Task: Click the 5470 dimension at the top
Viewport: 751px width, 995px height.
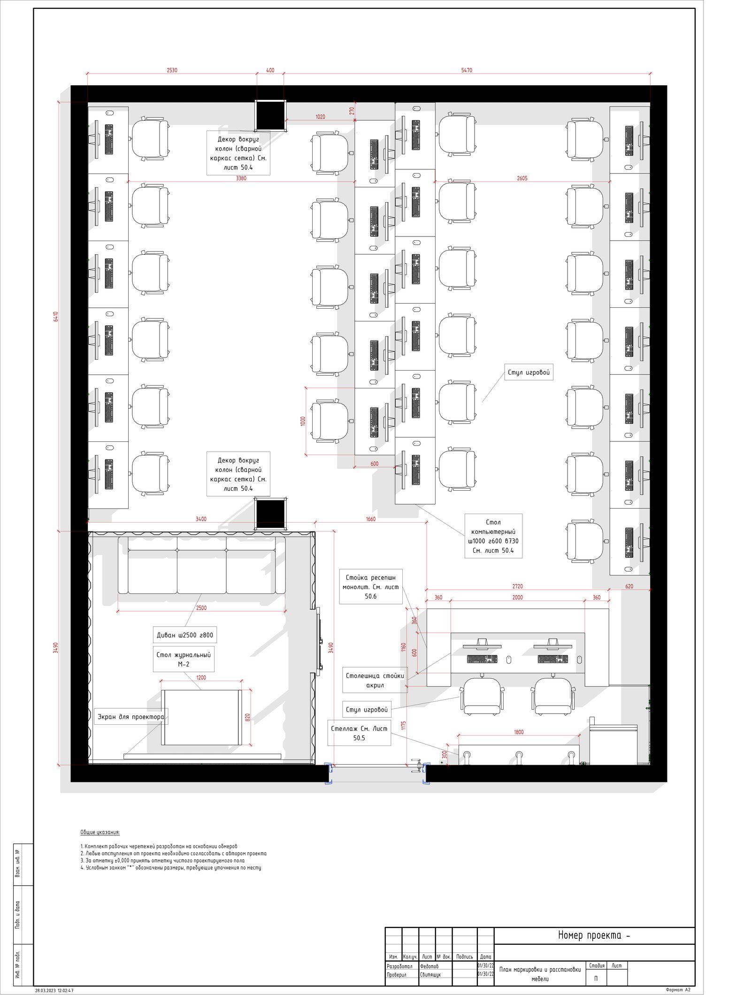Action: (x=466, y=70)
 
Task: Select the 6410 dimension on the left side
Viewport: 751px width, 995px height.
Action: (x=56, y=316)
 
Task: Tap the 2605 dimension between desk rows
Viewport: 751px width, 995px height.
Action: (x=522, y=178)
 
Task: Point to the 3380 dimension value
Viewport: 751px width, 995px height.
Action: (x=241, y=178)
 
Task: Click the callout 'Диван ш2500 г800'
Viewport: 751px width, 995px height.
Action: (x=185, y=635)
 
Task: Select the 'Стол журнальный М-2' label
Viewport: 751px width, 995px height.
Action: (x=184, y=659)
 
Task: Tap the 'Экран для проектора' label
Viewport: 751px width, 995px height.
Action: (x=131, y=716)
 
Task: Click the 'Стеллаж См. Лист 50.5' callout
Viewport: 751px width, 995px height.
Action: (x=359, y=733)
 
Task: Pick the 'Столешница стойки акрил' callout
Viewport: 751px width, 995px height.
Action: (x=375, y=680)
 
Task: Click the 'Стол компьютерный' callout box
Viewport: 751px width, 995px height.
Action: (x=493, y=536)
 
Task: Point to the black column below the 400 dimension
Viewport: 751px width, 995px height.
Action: (x=270, y=115)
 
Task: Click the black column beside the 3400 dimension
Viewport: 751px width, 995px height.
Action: (x=270, y=514)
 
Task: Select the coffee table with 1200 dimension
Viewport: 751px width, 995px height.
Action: (x=201, y=717)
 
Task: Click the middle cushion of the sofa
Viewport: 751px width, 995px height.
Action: (x=202, y=571)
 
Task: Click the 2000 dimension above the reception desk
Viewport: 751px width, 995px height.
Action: (x=517, y=598)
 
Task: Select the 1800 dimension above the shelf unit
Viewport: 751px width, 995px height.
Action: (x=518, y=732)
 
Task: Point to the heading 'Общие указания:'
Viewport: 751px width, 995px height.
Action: (x=100, y=832)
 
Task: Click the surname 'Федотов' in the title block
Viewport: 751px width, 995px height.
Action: (x=429, y=966)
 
